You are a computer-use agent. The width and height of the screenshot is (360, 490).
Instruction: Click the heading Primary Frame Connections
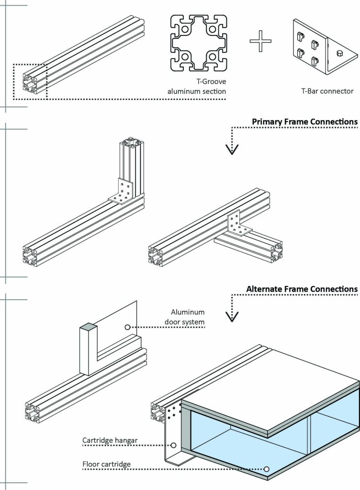(x=304, y=122)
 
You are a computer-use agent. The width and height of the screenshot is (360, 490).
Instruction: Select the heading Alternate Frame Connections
(x=302, y=289)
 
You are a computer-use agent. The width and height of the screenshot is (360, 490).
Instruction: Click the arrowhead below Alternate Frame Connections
(x=232, y=316)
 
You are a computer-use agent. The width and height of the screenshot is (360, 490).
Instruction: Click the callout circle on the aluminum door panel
(x=127, y=327)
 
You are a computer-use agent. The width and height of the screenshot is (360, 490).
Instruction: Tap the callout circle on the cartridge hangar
(x=173, y=445)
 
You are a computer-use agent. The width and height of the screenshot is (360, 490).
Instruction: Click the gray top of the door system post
(x=88, y=327)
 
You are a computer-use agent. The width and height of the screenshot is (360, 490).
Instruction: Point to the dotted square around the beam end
(x=30, y=81)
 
